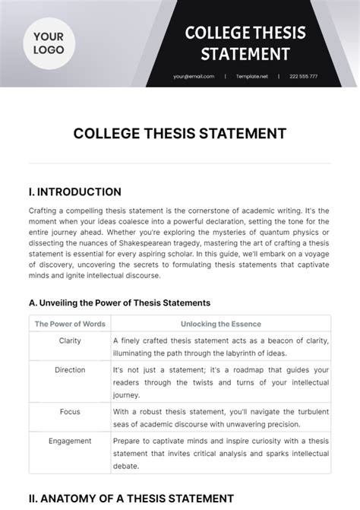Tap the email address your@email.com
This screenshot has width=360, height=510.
[x=194, y=76]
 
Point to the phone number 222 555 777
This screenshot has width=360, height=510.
[x=303, y=76]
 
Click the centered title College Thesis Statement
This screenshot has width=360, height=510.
[x=180, y=134]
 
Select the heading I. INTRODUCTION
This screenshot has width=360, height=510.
[x=75, y=192]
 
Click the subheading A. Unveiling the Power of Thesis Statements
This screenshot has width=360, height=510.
[x=119, y=303]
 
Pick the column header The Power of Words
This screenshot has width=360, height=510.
[x=69, y=324]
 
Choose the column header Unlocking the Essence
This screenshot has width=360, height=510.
[x=220, y=324]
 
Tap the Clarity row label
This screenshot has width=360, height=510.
[x=70, y=341]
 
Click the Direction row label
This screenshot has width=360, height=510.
[x=70, y=369]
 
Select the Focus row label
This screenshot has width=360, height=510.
[x=70, y=411]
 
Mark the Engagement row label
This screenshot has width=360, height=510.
[x=70, y=440]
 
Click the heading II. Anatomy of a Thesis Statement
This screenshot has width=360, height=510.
[x=131, y=498]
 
